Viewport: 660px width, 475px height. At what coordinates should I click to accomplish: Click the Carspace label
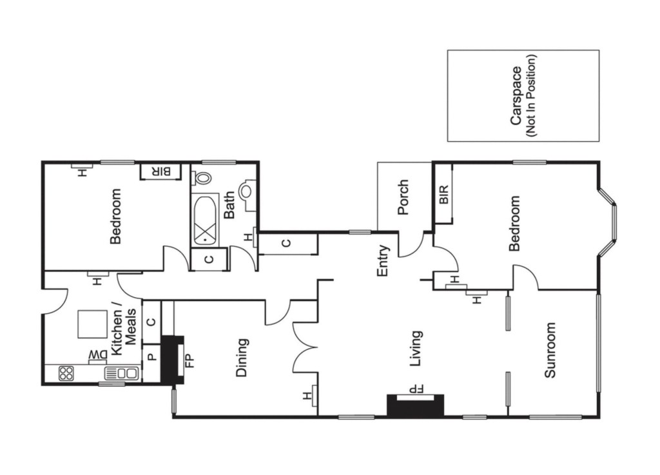click(x=516, y=96)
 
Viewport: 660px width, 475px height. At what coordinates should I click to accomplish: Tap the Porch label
click(x=403, y=197)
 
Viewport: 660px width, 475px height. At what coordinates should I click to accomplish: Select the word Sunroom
click(x=550, y=350)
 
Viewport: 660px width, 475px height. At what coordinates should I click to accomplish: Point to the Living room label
click(x=416, y=349)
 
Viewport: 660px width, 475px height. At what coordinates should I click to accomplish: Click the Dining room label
click(x=242, y=358)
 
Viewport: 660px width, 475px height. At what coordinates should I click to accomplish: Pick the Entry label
click(x=382, y=261)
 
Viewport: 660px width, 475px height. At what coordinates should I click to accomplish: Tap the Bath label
click(x=229, y=206)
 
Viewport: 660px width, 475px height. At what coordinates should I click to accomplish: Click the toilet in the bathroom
click(x=201, y=178)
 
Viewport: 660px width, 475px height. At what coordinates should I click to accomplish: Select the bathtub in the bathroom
click(x=205, y=219)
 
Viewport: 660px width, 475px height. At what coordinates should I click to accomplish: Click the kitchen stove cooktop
click(x=66, y=373)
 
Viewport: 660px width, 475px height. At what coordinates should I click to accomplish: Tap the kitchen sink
click(x=121, y=373)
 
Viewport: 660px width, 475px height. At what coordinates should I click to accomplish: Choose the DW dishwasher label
click(x=98, y=355)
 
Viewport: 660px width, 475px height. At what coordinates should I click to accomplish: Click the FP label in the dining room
click(x=190, y=360)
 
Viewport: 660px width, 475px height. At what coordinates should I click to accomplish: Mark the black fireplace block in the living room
click(x=416, y=405)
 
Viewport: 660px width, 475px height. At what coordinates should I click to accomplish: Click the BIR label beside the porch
click(x=444, y=195)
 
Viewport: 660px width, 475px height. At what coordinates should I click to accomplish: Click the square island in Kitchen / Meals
click(x=92, y=324)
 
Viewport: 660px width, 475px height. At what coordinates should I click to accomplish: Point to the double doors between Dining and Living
click(x=305, y=347)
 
